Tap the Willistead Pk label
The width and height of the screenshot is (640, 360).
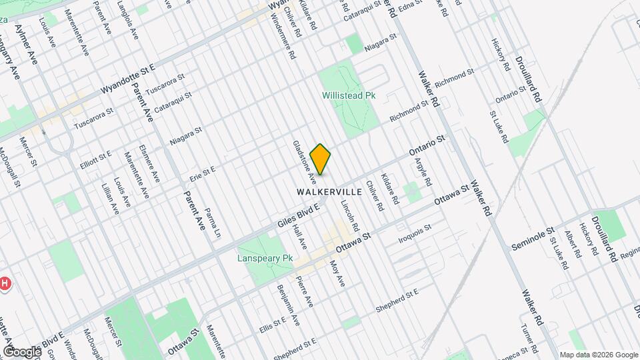[349, 95]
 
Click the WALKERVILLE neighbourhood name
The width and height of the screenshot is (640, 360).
[329, 191]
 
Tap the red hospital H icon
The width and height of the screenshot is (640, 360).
[4, 284]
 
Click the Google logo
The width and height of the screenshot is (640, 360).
[21, 351]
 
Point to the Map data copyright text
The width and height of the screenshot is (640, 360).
[598, 355]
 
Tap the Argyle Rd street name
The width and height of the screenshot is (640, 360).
[424, 172]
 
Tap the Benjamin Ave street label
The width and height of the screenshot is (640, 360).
[289, 306]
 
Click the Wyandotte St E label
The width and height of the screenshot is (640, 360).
[127, 79]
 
